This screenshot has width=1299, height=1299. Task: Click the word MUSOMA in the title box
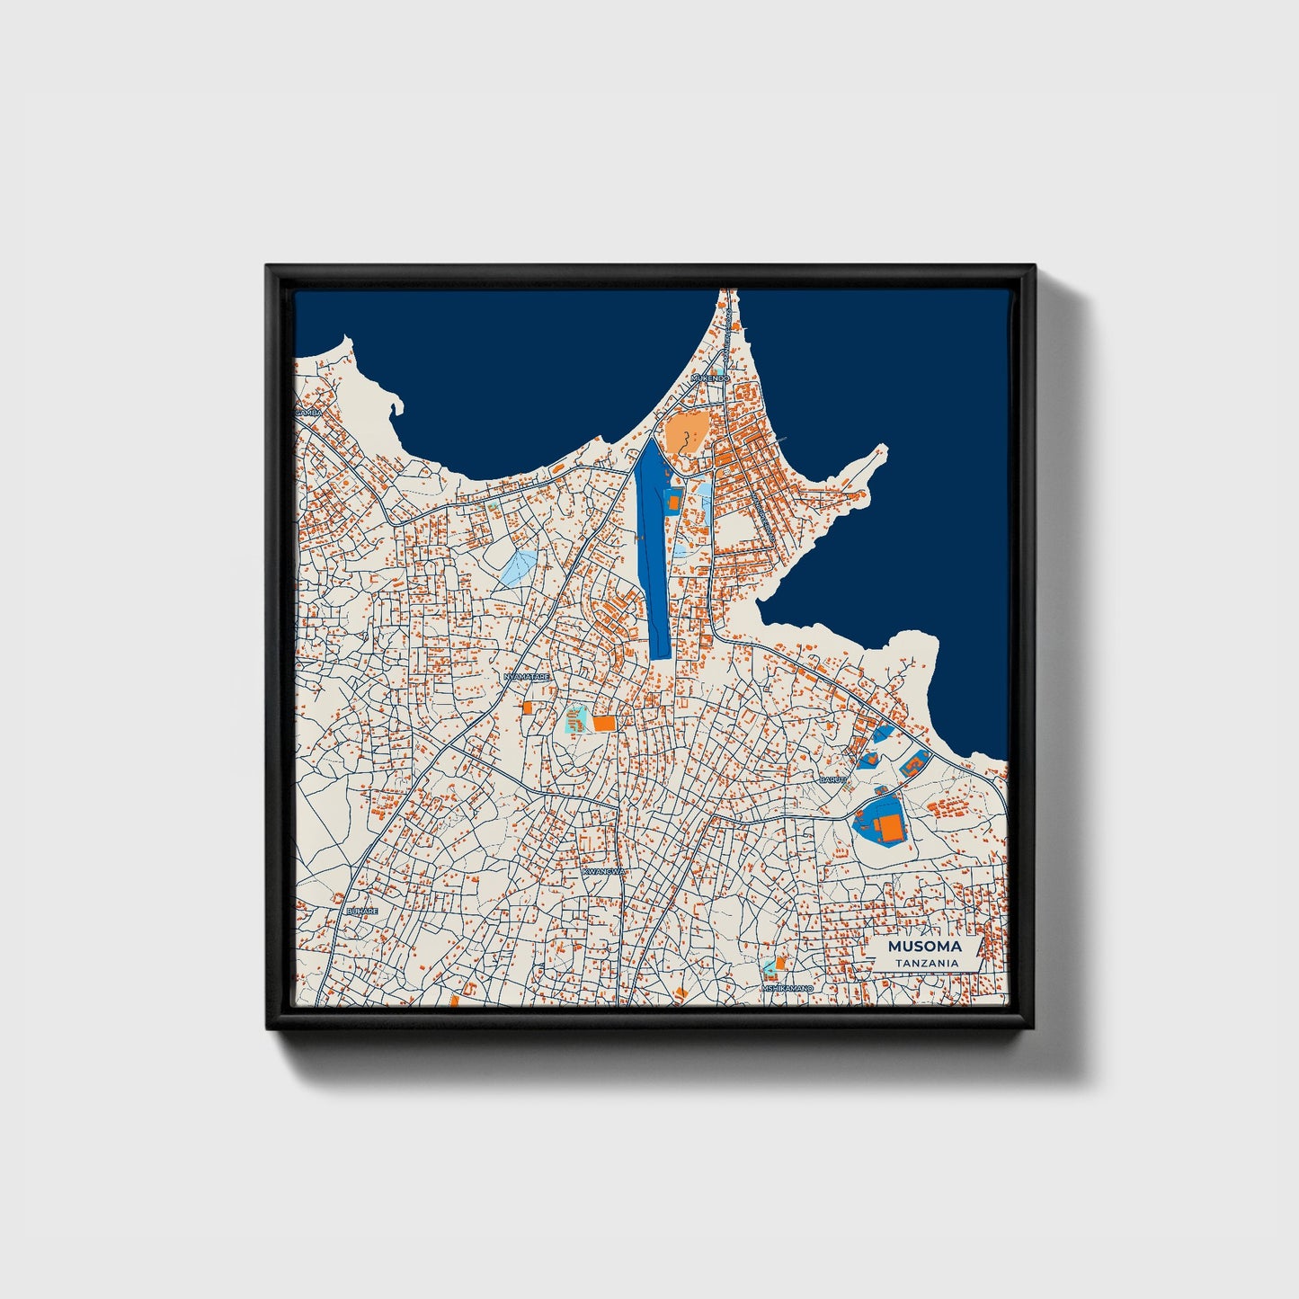pyautogui.click(x=924, y=947)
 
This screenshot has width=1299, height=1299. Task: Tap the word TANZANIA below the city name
pyautogui.click(x=926, y=963)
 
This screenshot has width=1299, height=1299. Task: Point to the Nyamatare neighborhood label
pyautogui.click(x=526, y=676)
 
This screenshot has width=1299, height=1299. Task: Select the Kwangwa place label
pyautogui.click(x=602, y=872)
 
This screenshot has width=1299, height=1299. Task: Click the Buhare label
pyautogui.click(x=362, y=911)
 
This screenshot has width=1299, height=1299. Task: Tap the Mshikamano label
pyautogui.click(x=787, y=988)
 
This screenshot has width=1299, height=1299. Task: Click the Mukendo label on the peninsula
pyautogui.click(x=711, y=378)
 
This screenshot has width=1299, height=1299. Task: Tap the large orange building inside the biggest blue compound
pyautogui.click(x=890, y=827)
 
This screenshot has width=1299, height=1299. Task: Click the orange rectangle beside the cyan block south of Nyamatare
pyautogui.click(x=603, y=723)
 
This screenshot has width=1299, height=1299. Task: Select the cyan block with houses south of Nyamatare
pyautogui.click(x=575, y=720)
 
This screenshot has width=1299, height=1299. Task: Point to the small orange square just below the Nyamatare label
pyautogui.click(x=528, y=707)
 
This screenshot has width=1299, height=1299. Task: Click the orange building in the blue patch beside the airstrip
pyautogui.click(x=673, y=501)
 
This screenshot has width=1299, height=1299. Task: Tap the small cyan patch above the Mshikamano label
pyautogui.click(x=770, y=968)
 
